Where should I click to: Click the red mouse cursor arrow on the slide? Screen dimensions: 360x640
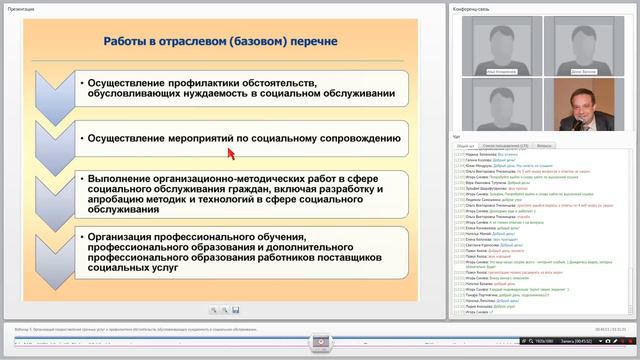coord(230,153)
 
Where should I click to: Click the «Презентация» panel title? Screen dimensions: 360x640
coord(22,9)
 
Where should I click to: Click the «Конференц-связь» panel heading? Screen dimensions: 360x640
coord(473,9)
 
